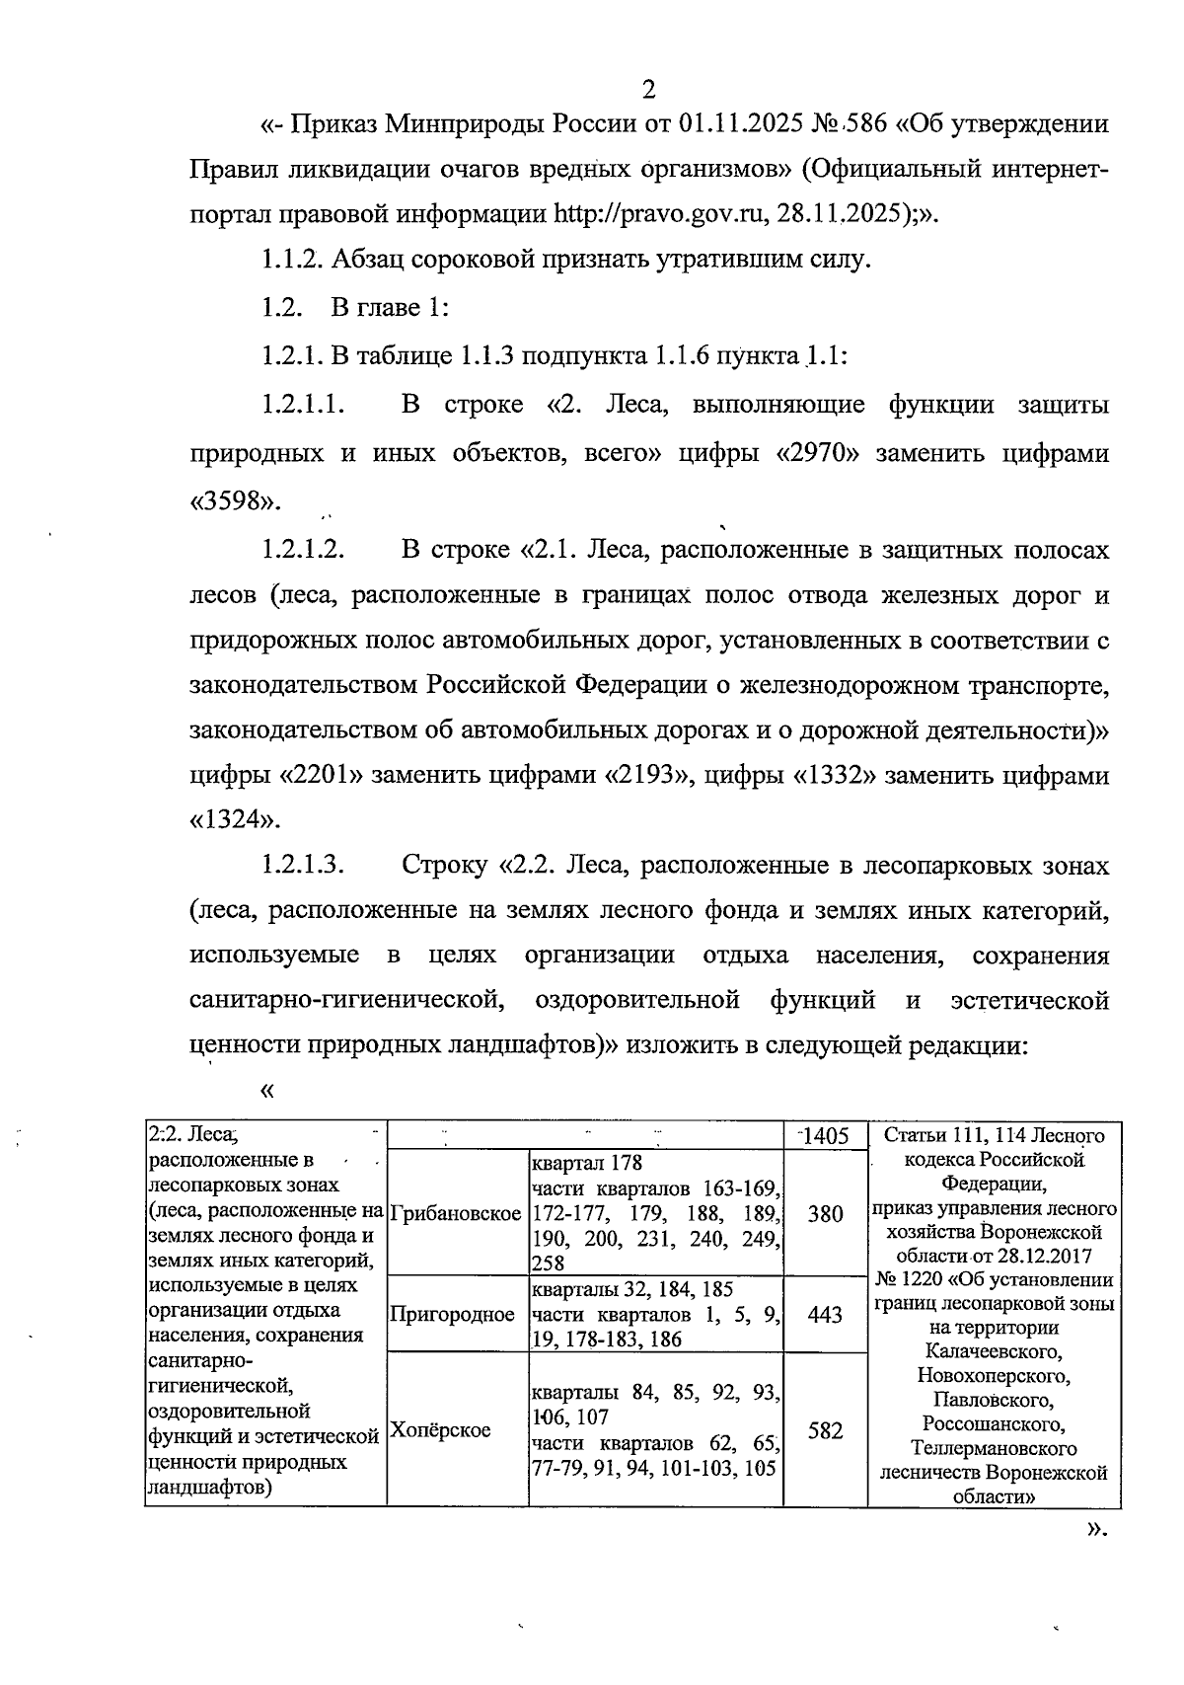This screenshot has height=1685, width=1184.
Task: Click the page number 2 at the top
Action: [x=648, y=90]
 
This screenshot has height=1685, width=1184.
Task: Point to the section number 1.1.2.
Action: [x=292, y=261]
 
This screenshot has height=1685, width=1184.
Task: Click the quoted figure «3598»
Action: [x=235, y=501]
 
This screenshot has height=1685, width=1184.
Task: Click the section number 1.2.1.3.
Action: [x=302, y=867]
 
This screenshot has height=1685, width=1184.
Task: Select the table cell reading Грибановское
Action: [x=456, y=1214]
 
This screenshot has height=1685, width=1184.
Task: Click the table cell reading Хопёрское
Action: [x=440, y=1430]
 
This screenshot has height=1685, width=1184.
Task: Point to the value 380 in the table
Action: [x=825, y=1214]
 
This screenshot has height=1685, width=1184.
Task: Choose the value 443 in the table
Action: [x=825, y=1315]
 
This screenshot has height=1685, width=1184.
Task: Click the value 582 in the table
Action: [x=825, y=1430]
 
